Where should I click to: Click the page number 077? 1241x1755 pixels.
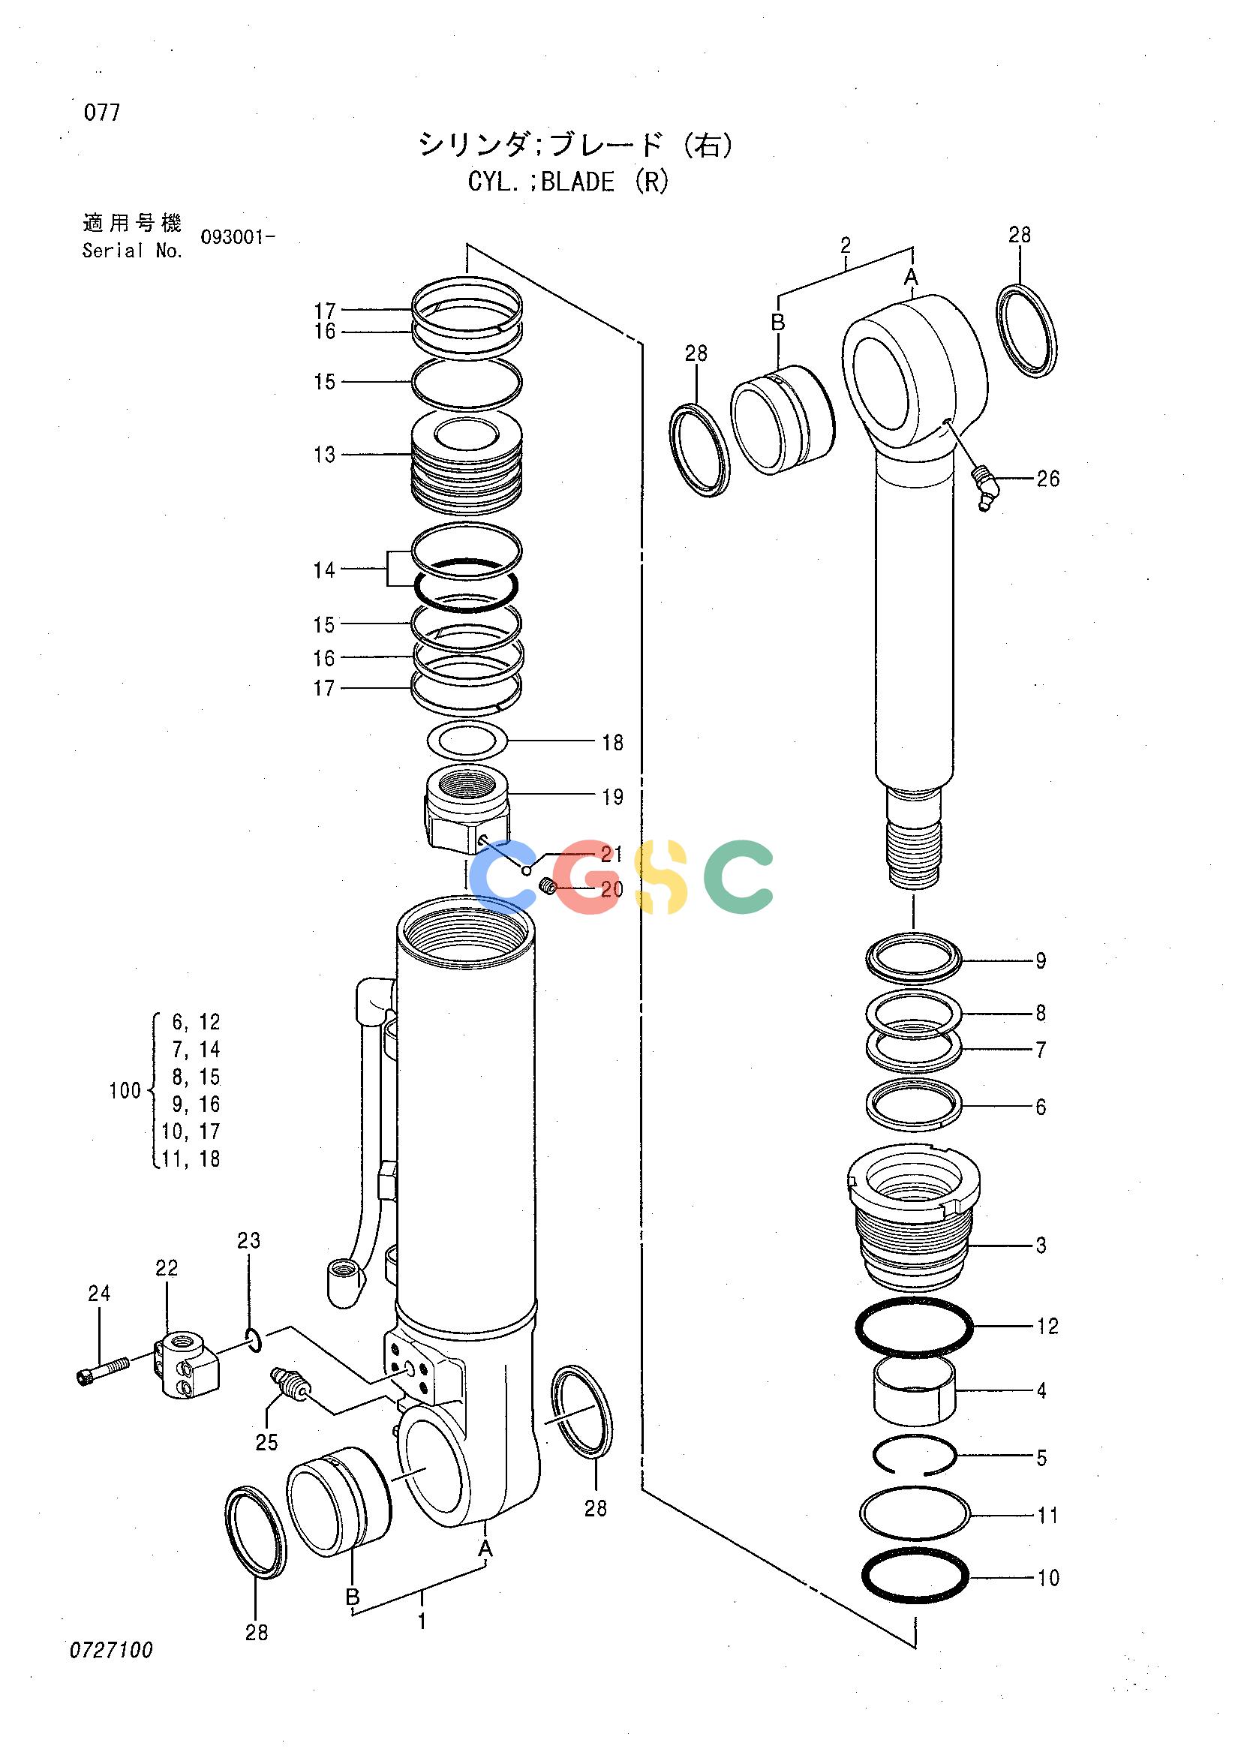pos(101,113)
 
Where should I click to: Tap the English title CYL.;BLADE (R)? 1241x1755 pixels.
pos(568,182)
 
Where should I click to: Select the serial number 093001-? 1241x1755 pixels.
pos(237,237)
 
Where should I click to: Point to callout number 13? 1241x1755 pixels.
pos(325,455)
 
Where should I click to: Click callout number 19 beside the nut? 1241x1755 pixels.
pos(612,798)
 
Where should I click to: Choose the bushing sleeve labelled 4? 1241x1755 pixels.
pos(915,1391)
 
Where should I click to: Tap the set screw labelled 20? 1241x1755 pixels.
pos(547,888)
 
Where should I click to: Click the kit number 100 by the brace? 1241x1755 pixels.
pos(125,1091)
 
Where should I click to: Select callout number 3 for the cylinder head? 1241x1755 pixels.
pos(1041,1246)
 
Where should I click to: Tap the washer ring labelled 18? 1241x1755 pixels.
pos(466,740)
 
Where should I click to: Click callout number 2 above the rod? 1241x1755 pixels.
pos(845,245)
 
